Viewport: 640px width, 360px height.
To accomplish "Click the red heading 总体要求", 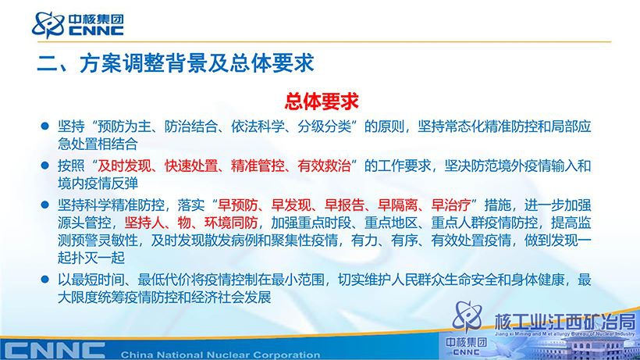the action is click(x=322, y=102).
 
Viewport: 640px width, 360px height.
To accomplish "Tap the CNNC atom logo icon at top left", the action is click(x=48, y=24).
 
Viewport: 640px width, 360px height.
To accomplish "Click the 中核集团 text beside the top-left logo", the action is click(x=96, y=20).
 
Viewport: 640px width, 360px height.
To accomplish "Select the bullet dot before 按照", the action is click(x=45, y=165).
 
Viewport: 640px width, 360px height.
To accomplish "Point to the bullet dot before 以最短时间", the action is click(x=45, y=280).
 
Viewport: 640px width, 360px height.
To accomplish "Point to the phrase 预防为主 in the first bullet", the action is click(x=124, y=127).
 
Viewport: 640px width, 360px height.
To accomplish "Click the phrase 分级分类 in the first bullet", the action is click(x=324, y=127).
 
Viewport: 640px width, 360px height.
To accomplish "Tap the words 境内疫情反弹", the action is click(x=98, y=184).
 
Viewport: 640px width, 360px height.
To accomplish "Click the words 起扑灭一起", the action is click(x=91, y=258).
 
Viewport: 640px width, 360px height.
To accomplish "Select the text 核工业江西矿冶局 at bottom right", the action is click(x=564, y=322).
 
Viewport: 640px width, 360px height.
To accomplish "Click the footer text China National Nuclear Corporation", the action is click(x=220, y=355).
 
